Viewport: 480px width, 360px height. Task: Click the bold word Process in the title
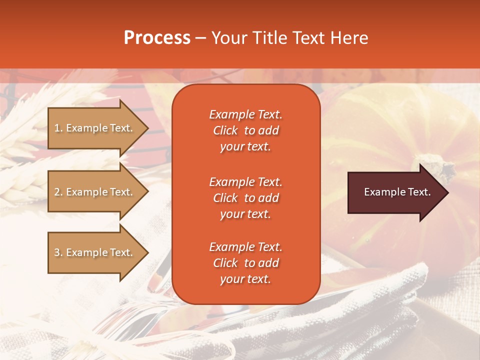pyautogui.click(x=157, y=38)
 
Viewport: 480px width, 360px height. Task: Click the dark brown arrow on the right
pyautogui.click(x=395, y=192)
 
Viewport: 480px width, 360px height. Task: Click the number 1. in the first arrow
pyautogui.click(x=58, y=128)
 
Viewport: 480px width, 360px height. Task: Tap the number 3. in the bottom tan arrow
pyautogui.click(x=58, y=252)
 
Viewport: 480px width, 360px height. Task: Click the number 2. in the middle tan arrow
pyautogui.click(x=58, y=192)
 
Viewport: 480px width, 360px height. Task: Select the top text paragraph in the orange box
pyautogui.click(x=245, y=130)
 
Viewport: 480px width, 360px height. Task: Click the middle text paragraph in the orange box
pyautogui.click(x=245, y=198)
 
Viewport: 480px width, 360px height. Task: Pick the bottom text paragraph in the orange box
pyautogui.click(x=245, y=263)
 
